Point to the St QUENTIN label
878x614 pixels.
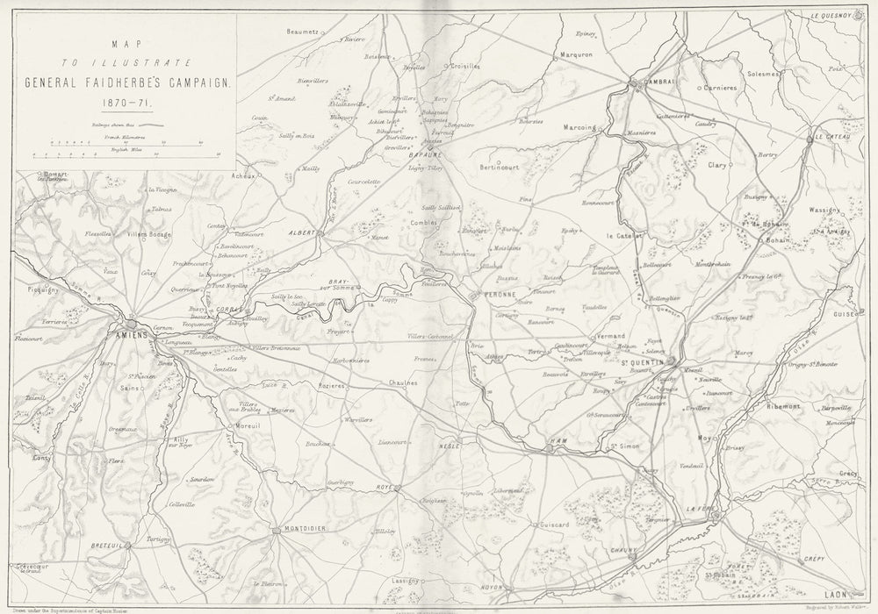(x=641, y=363)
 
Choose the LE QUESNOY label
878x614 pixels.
(x=838, y=16)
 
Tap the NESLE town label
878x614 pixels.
(x=449, y=446)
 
